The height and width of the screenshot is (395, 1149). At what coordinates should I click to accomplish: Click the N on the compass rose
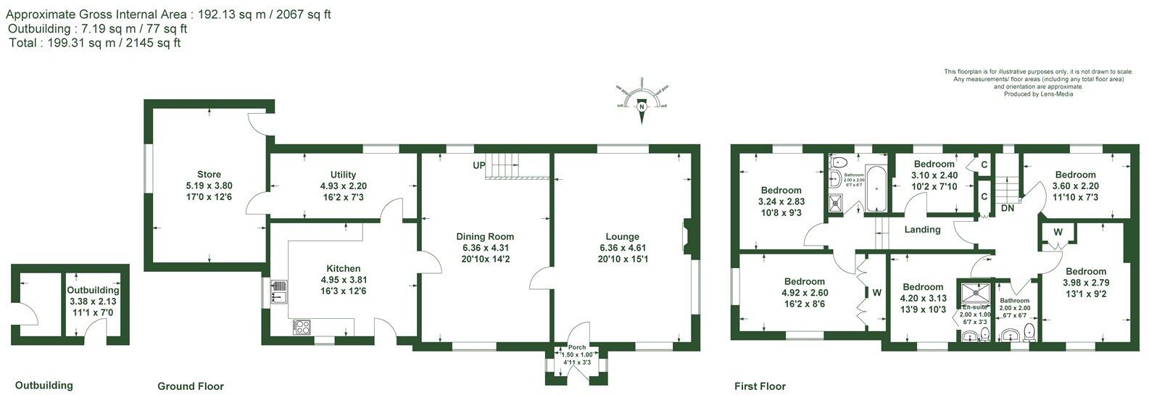point(642,106)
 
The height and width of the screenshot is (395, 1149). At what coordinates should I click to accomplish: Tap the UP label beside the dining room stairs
point(478,165)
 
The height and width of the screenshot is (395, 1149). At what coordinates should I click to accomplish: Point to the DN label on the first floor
point(1007,208)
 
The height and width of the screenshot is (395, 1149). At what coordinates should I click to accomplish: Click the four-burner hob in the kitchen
point(302,327)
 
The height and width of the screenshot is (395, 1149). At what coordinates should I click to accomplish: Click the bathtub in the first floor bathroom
point(876,188)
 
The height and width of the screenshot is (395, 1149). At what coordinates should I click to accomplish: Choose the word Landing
point(922,230)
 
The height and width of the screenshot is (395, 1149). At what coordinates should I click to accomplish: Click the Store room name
point(209,175)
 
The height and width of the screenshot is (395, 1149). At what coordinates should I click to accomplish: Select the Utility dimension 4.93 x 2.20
point(343,186)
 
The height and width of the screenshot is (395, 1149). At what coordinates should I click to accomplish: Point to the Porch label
point(576,347)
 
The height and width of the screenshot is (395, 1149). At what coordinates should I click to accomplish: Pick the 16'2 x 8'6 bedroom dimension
point(805,304)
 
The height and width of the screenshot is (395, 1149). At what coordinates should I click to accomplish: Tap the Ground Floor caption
point(191,386)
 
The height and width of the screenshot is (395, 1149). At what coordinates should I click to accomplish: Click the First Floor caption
point(760,386)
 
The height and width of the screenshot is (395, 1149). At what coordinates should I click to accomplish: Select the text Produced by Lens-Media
point(1038,94)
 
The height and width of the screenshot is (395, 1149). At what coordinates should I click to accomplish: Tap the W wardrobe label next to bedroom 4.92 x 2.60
point(876,293)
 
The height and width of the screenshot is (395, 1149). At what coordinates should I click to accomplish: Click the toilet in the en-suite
point(984,333)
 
